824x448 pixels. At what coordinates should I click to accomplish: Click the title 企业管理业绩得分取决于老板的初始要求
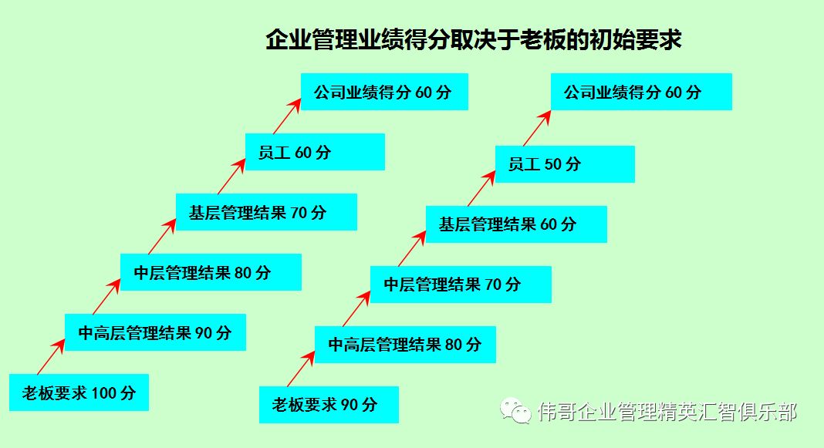[x=473, y=40]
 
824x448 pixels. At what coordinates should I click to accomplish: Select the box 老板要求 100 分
[x=79, y=392]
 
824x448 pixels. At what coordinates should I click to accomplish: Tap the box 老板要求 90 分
[x=329, y=405]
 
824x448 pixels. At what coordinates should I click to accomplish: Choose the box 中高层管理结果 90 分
[x=155, y=332]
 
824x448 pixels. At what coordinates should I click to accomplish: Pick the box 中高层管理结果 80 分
[x=405, y=345]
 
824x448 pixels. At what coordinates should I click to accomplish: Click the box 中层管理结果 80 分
[x=211, y=272]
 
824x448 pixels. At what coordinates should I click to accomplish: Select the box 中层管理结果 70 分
[x=461, y=285]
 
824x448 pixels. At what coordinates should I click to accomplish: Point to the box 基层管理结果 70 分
[x=266, y=212]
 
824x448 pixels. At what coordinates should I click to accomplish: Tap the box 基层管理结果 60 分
[x=516, y=224]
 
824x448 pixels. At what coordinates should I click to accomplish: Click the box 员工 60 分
[x=315, y=152]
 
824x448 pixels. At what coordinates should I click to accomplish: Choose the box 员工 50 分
[x=565, y=164]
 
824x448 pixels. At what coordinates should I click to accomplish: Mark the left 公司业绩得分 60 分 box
[x=384, y=92]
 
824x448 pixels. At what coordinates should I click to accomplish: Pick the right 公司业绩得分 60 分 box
[x=641, y=92]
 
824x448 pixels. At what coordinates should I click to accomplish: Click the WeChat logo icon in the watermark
[x=516, y=411]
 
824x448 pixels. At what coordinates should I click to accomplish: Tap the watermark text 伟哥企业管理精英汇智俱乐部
[x=667, y=412]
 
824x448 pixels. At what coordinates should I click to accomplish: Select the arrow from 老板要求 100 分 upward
[x=51, y=356]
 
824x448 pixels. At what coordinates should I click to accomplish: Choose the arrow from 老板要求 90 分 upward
[x=301, y=369]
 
